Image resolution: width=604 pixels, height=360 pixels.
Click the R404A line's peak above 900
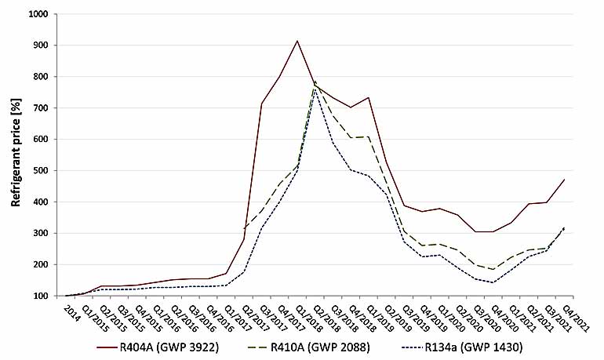[x=297, y=41]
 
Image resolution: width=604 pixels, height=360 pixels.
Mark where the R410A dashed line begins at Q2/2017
[x=244, y=228]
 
